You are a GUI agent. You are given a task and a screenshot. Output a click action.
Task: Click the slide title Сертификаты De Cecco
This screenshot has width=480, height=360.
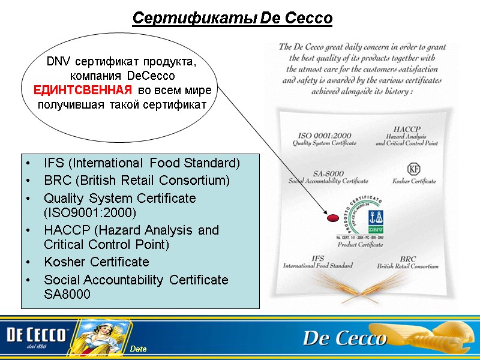click(232, 18)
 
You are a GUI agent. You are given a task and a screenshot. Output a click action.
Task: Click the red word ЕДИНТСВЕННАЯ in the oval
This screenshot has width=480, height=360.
click(82, 91)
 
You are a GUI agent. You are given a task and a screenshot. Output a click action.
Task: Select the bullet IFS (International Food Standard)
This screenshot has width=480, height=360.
click(142, 163)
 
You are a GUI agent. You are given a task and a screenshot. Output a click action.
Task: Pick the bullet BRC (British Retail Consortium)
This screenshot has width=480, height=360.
click(137, 180)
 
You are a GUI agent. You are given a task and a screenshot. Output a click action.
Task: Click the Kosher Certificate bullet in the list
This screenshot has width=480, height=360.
click(96, 262)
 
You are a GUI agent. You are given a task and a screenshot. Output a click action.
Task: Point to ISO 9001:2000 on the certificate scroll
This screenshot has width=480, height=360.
click(324, 136)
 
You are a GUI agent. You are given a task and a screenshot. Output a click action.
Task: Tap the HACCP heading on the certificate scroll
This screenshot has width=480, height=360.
click(406, 129)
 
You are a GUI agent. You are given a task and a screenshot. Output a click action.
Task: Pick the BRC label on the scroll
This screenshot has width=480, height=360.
click(408, 258)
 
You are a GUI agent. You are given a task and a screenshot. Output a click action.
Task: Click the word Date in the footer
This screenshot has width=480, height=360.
click(139, 349)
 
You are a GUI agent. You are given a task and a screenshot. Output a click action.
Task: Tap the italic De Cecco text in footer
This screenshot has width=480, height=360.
click(344, 339)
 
